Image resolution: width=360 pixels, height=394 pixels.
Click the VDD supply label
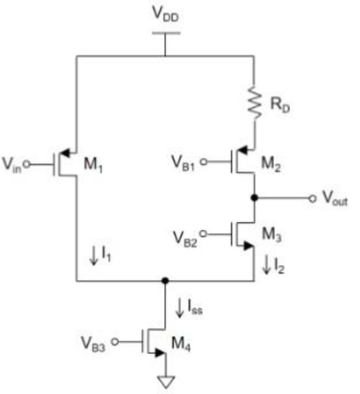click(x=165, y=14)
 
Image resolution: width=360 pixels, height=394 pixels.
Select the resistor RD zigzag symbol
click(x=255, y=102)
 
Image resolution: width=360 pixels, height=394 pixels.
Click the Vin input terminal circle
click(x=27, y=164)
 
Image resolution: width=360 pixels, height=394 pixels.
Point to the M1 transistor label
click(x=93, y=165)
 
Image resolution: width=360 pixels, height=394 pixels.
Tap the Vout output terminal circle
click(x=312, y=198)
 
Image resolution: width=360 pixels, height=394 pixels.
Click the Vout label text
click(x=335, y=198)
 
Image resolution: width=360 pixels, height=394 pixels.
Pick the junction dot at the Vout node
click(x=255, y=198)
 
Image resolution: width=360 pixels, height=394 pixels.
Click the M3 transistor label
click(x=272, y=234)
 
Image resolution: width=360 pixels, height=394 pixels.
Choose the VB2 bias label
click(x=185, y=239)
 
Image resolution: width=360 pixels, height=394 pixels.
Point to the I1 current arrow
click(x=94, y=256)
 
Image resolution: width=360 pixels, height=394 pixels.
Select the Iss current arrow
click(x=180, y=308)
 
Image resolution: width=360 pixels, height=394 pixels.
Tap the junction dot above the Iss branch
click(x=165, y=281)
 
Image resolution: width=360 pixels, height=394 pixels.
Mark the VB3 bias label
click(x=93, y=344)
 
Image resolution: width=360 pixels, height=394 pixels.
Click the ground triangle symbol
click(x=165, y=382)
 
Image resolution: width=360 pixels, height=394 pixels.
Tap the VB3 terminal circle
click(x=115, y=342)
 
